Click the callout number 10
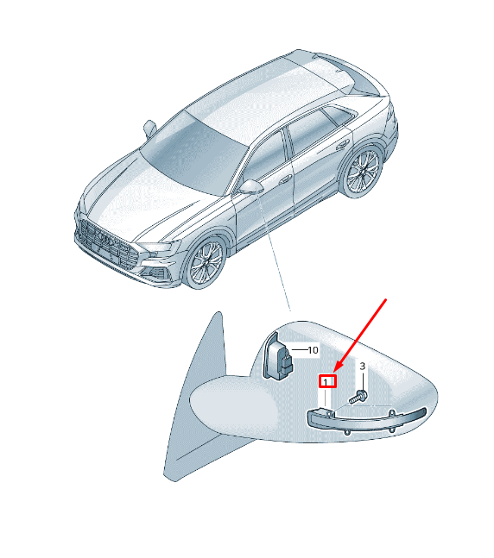coord(313,350)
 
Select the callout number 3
coord(362,367)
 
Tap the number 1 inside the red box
coord(326,383)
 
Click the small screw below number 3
coord(358,397)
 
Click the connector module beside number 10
coord(278,356)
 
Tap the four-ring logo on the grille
coord(106,240)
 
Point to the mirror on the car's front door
coord(250,187)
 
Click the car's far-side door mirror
coord(149,129)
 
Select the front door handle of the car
coord(286,179)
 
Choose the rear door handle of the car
coord(344,144)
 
